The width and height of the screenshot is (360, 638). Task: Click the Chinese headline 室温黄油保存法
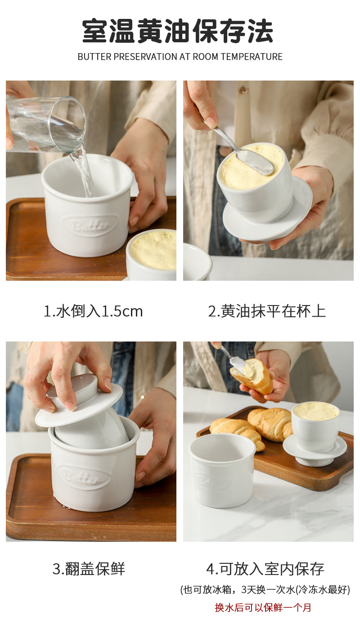click(178, 31)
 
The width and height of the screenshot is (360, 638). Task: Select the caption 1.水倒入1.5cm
click(93, 311)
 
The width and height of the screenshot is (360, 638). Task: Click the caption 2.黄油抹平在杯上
click(267, 311)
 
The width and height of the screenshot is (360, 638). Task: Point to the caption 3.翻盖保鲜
click(89, 569)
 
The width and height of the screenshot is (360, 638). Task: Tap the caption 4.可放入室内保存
click(265, 569)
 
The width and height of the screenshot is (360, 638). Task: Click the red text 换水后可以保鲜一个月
click(263, 607)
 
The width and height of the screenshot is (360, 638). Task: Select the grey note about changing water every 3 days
click(265, 589)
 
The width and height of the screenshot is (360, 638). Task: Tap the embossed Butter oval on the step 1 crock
click(90, 226)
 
